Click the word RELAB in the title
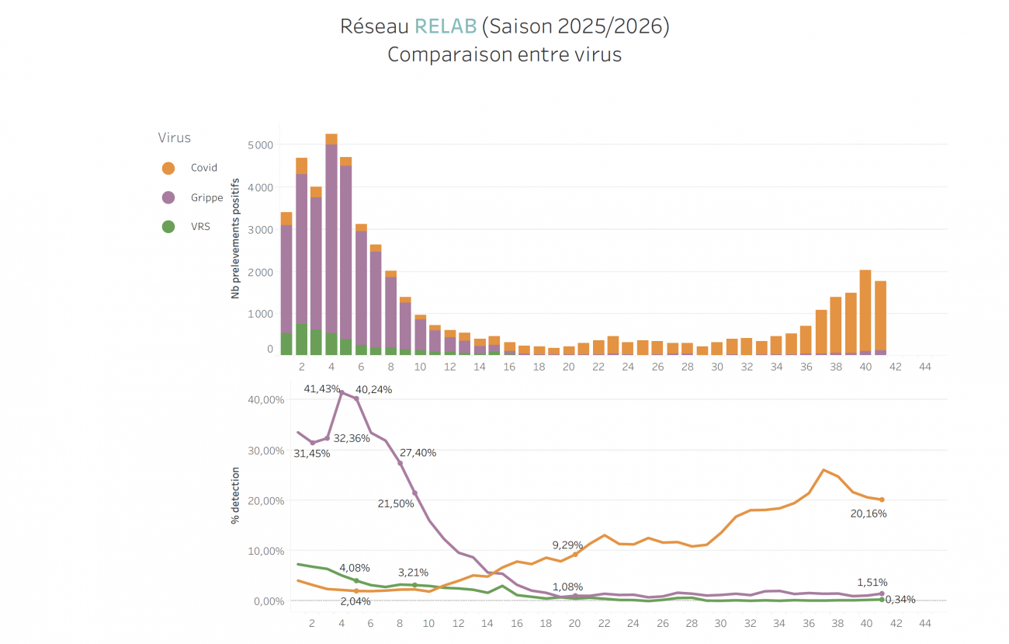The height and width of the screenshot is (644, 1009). pyautogui.click(x=446, y=26)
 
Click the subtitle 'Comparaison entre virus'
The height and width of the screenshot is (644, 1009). pyautogui.click(x=504, y=55)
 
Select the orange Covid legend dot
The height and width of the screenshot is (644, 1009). pyautogui.click(x=168, y=168)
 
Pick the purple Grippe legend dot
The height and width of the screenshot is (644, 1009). pyautogui.click(x=168, y=198)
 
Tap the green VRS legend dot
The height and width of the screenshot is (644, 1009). pyautogui.click(x=168, y=228)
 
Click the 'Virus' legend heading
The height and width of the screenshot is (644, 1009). pyautogui.click(x=174, y=138)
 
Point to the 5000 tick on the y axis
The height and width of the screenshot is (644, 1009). pyautogui.click(x=260, y=145)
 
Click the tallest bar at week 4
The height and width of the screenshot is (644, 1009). pyautogui.click(x=331, y=233)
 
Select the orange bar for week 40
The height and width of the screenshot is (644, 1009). pyautogui.click(x=865, y=311)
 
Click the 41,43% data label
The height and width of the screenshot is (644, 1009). pyautogui.click(x=321, y=388)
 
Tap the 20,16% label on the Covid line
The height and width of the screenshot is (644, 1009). pyautogui.click(x=868, y=513)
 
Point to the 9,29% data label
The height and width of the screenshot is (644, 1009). pyautogui.click(x=567, y=545)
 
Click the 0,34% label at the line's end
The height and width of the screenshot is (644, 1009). pyautogui.click(x=900, y=600)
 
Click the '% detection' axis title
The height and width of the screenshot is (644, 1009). pyautogui.click(x=235, y=495)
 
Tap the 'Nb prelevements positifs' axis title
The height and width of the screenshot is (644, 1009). pyautogui.click(x=234, y=238)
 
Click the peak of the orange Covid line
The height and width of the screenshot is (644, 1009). pyautogui.click(x=823, y=470)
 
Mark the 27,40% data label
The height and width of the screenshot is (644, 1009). pyautogui.click(x=418, y=453)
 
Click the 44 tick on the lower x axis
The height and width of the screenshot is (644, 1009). pyautogui.click(x=924, y=623)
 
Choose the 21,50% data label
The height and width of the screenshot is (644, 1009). pyautogui.click(x=396, y=504)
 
